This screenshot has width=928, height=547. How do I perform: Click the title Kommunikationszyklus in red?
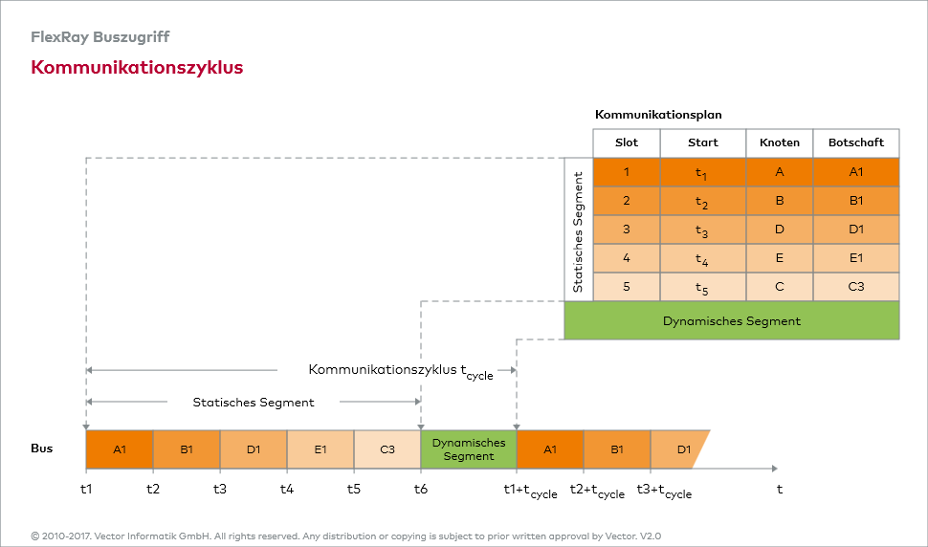pyautogui.click(x=137, y=68)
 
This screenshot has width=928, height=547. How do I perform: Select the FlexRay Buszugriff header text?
pyautogui.click(x=100, y=37)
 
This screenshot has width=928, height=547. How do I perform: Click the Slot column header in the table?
pyautogui.click(x=627, y=142)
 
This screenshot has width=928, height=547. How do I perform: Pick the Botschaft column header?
pyautogui.click(x=856, y=142)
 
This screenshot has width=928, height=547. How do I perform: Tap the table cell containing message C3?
pyautogui.click(x=856, y=287)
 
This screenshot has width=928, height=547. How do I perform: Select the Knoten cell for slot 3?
pyautogui.click(x=780, y=230)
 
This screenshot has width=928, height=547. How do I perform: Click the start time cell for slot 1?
pyautogui.click(x=703, y=172)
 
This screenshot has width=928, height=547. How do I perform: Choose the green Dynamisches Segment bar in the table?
pyautogui.click(x=732, y=321)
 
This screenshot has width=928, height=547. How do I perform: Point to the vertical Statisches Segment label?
pyautogui.click(x=578, y=230)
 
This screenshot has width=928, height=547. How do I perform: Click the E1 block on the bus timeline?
pyautogui.click(x=320, y=449)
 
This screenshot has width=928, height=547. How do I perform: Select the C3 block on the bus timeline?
pyautogui.click(x=387, y=449)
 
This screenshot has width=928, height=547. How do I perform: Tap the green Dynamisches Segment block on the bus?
pyautogui.click(x=469, y=449)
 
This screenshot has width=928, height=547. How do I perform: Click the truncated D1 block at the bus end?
pyautogui.click(x=681, y=449)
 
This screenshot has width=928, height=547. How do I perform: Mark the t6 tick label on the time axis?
pyautogui.click(x=421, y=489)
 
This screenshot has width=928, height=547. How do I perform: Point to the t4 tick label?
pyautogui.click(x=287, y=489)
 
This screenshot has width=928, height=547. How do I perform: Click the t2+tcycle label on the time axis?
pyautogui.click(x=597, y=491)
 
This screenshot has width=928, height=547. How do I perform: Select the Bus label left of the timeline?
pyautogui.click(x=42, y=448)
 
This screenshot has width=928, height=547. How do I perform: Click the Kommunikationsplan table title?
pyautogui.click(x=658, y=115)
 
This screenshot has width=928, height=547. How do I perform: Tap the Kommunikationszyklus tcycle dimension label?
pyautogui.click(x=400, y=371)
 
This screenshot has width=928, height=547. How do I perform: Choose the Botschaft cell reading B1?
pyautogui.click(x=856, y=201)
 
